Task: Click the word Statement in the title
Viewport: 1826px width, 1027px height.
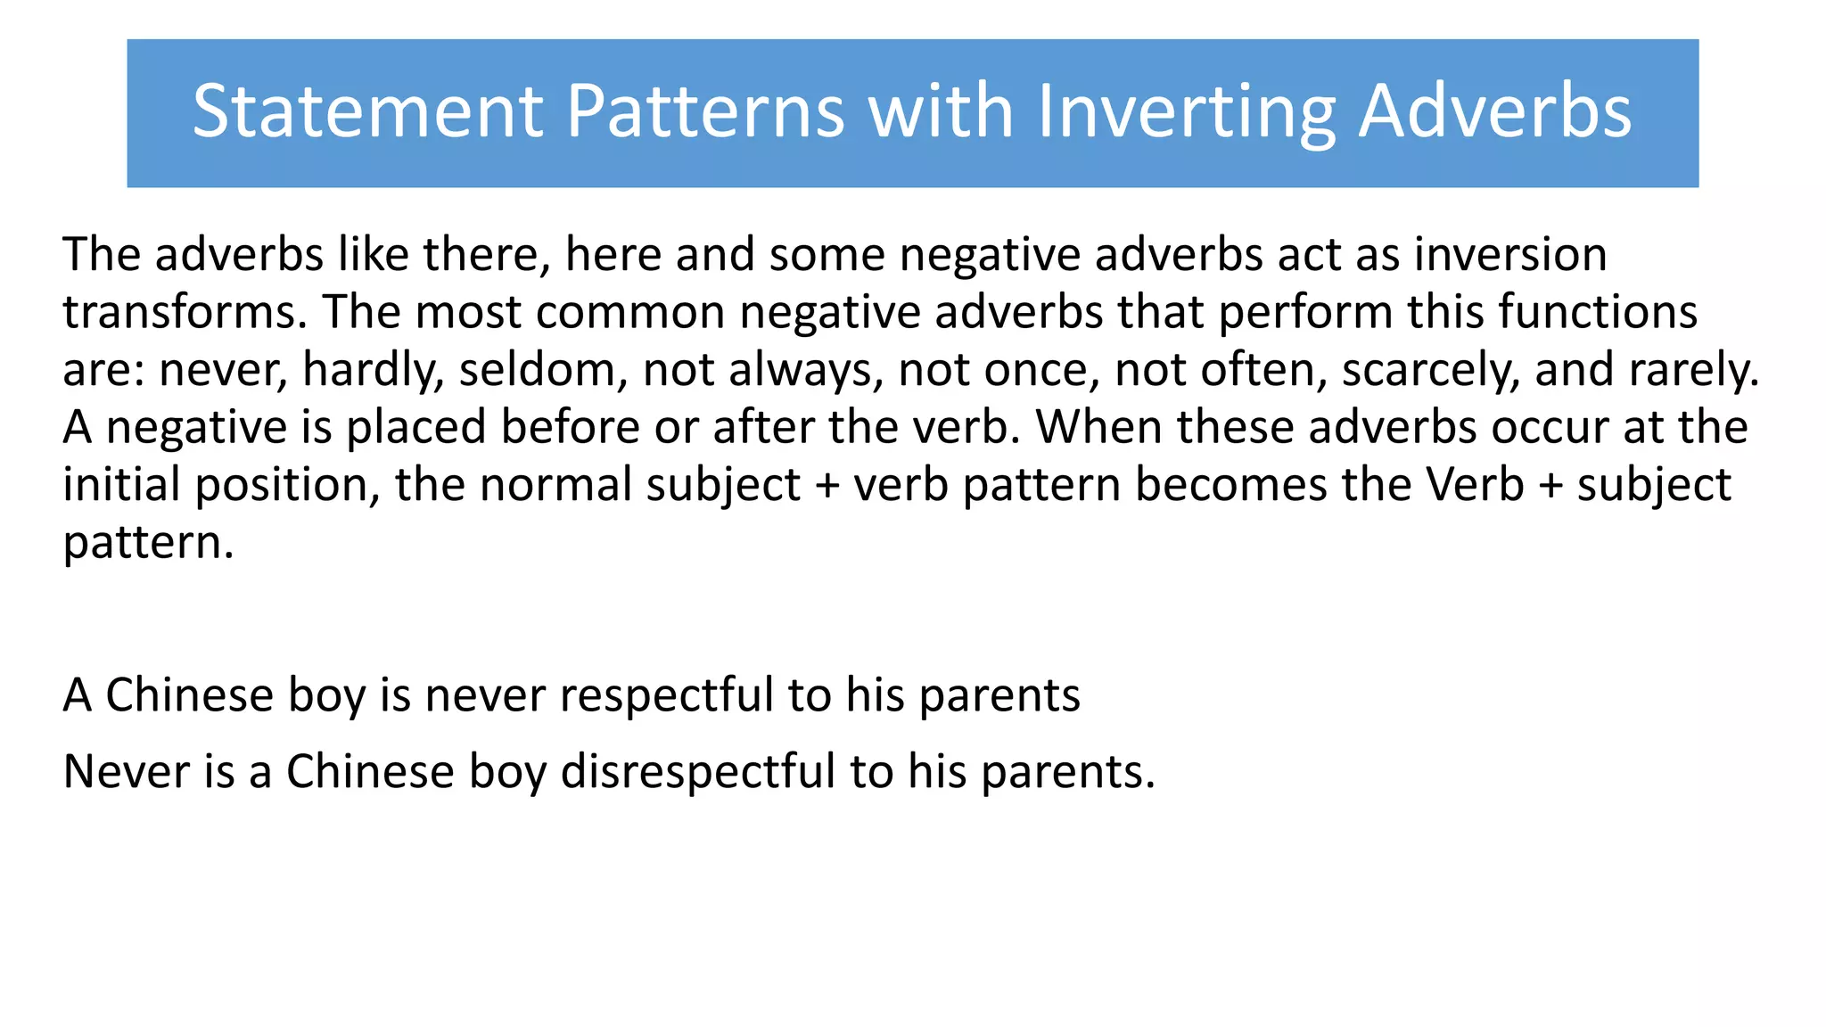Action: point(367,111)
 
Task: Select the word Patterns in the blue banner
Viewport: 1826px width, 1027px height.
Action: point(704,111)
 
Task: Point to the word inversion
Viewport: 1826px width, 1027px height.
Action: point(1510,255)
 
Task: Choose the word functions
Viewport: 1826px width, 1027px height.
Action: point(1597,313)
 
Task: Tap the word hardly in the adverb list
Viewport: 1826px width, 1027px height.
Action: point(373,370)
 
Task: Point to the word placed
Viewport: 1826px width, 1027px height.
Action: point(416,428)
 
